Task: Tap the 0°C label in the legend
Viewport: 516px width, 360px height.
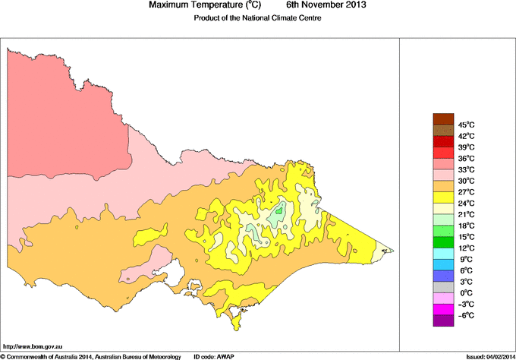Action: (465, 293)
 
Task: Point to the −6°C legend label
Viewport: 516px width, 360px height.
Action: (465, 315)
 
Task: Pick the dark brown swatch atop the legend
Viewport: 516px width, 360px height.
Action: (442, 118)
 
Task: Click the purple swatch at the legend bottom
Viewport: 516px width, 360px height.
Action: (442, 321)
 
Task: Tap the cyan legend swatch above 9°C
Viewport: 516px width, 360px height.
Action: (442, 253)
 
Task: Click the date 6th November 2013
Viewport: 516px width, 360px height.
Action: (326, 5)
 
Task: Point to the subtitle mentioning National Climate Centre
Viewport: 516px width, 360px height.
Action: (259, 17)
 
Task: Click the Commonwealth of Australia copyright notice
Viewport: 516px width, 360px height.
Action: (91, 356)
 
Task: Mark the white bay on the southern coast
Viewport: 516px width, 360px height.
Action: (175, 269)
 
